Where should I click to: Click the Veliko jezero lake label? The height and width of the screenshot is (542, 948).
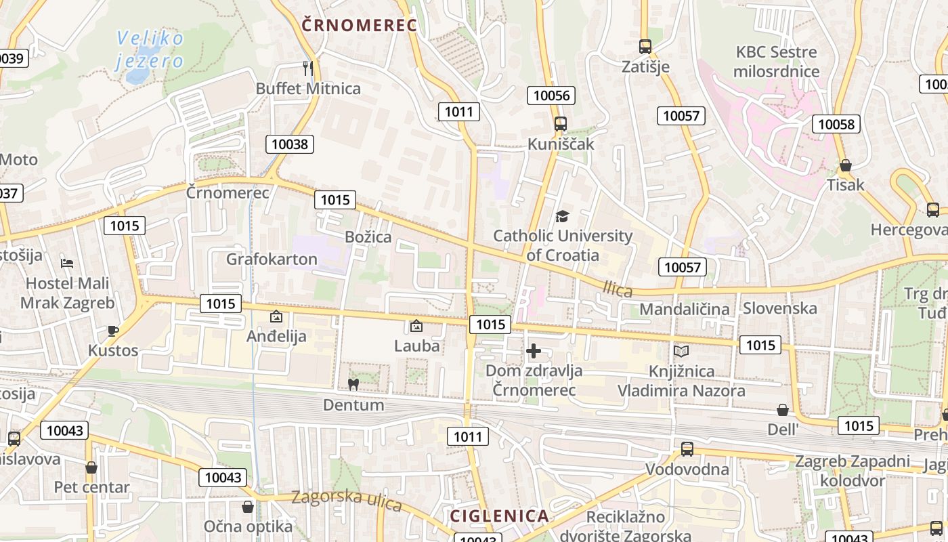click(150, 49)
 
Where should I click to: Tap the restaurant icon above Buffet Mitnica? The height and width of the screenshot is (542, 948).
click(308, 68)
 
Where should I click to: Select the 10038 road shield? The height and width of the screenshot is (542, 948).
click(290, 144)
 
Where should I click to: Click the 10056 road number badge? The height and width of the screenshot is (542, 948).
click(551, 96)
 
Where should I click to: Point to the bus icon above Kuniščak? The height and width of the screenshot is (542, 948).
click(560, 124)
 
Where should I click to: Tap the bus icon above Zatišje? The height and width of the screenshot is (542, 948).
click(645, 47)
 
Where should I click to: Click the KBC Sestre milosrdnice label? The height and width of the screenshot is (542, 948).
click(776, 62)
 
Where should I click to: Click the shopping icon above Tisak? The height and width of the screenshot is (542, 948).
click(845, 165)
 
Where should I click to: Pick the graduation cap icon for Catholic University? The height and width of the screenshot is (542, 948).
click(562, 217)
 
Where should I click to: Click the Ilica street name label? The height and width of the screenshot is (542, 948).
click(618, 290)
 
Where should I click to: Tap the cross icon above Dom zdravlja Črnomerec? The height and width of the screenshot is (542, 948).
click(534, 351)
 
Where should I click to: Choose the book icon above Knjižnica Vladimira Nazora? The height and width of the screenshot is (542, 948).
click(681, 352)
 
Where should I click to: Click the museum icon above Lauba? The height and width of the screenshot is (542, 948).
click(416, 326)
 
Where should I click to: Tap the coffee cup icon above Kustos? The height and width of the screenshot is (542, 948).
click(112, 331)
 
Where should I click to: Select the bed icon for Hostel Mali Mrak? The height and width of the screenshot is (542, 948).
click(66, 263)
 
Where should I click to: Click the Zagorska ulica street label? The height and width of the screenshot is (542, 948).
click(347, 501)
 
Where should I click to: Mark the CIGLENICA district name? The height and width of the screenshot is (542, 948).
click(500, 516)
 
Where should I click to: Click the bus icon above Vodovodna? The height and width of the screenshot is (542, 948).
click(687, 449)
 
